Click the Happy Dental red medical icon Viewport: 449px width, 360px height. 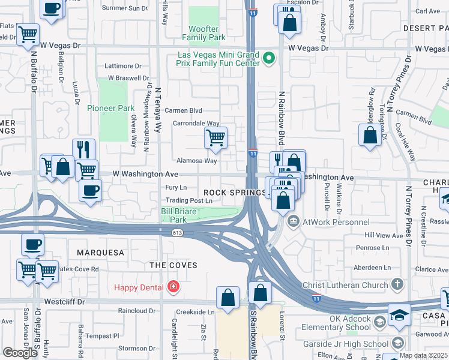tap(173, 287)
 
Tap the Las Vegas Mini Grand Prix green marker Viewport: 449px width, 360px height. tap(269, 58)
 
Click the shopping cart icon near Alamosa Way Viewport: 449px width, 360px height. tap(215, 137)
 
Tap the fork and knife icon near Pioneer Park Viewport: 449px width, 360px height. tap(83, 149)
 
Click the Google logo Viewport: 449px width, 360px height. tap(20, 353)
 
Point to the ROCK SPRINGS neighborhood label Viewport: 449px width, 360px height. tap(234, 193)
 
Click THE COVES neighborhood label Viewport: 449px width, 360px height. tap(173, 265)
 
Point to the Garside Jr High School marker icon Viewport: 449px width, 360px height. tap(397, 343)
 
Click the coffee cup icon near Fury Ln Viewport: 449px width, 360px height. tap(90, 190)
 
